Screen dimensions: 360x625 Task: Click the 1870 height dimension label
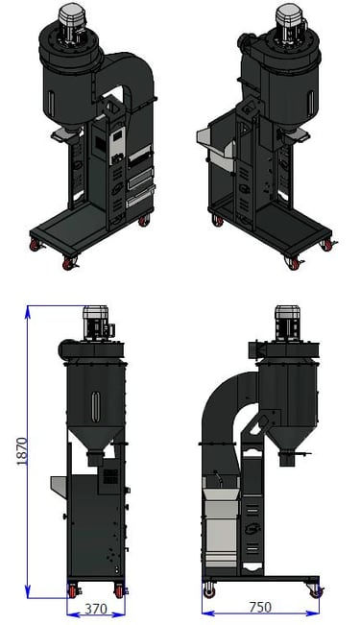tap(22, 451)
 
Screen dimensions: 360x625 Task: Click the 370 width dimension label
tap(96, 609)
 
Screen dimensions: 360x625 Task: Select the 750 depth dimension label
tap(260, 607)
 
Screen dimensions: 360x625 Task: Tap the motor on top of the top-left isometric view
tap(72, 23)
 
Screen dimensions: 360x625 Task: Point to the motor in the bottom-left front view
tap(98, 323)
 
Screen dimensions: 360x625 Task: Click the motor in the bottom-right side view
tap(287, 324)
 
